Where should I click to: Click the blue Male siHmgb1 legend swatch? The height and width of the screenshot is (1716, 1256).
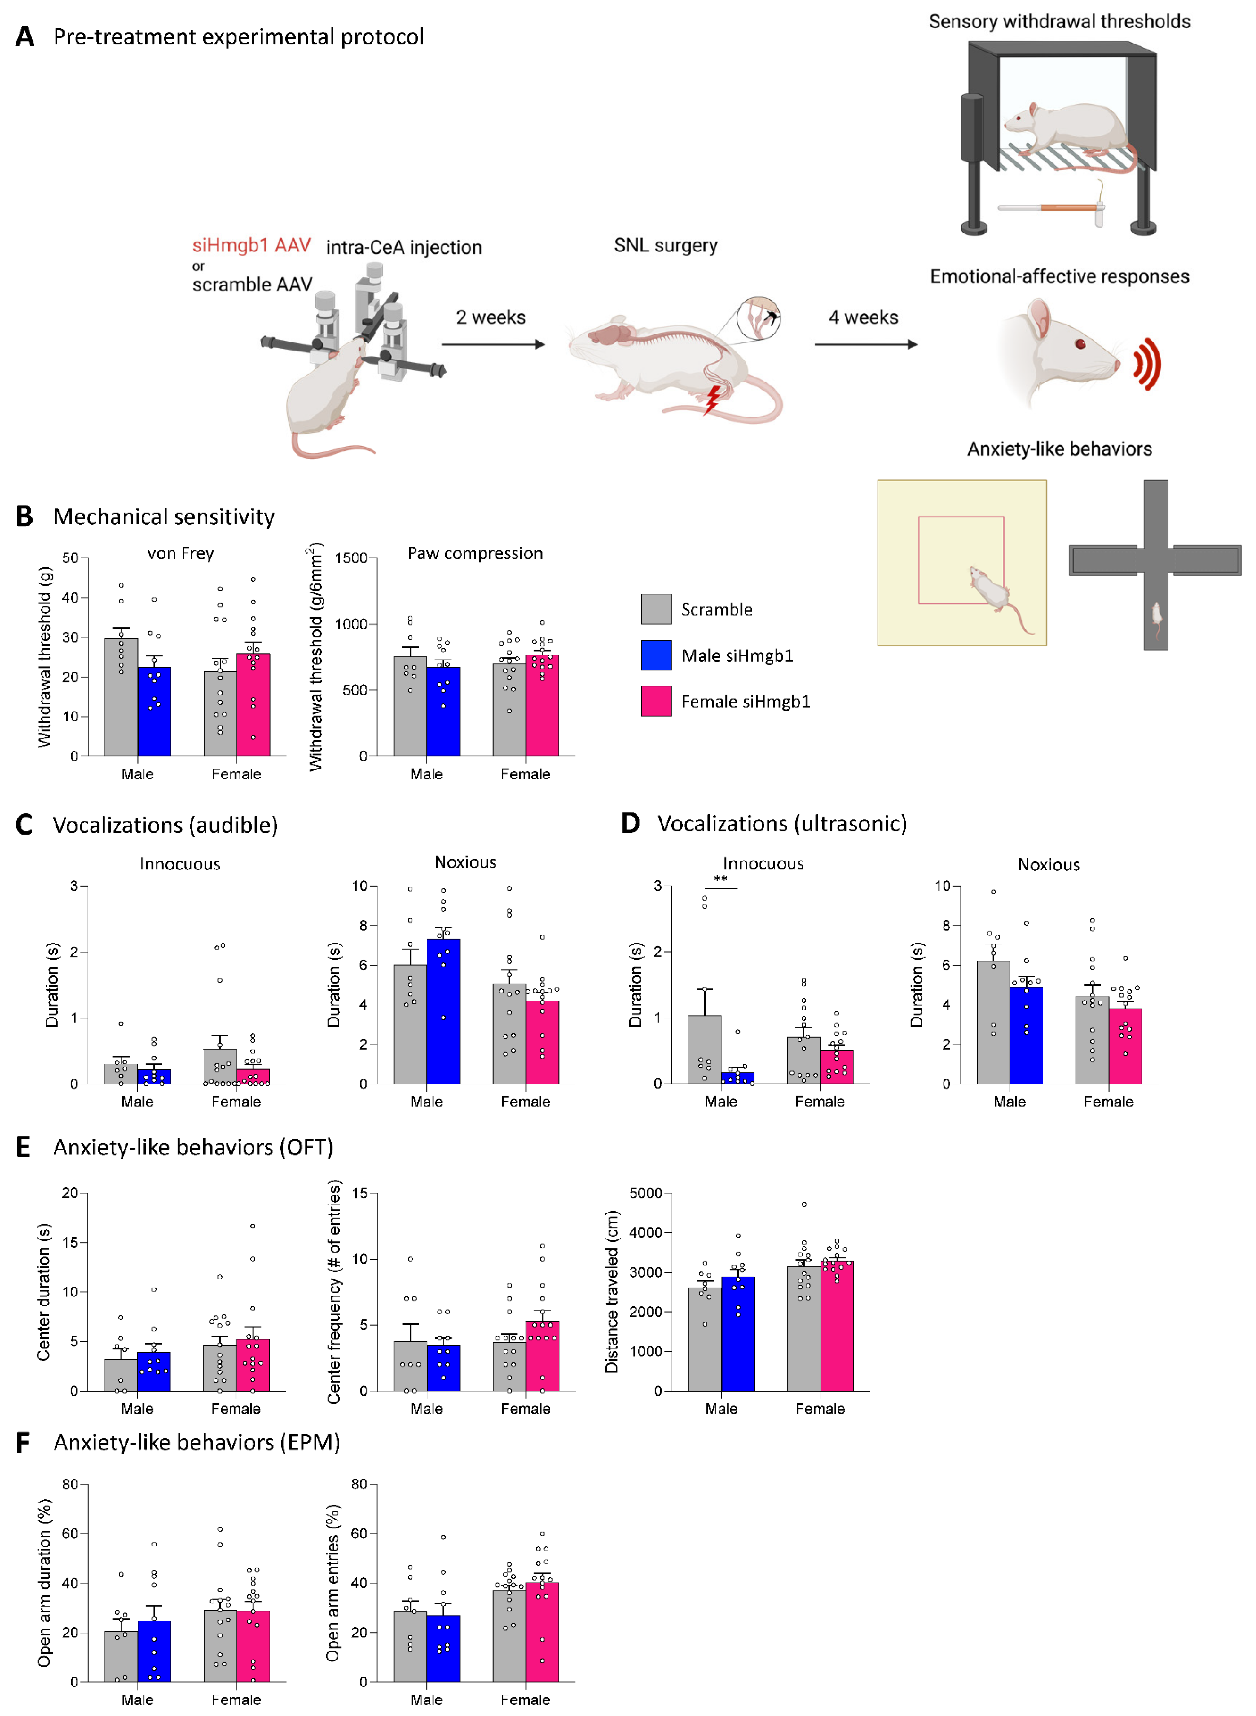pyautogui.click(x=656, y=655)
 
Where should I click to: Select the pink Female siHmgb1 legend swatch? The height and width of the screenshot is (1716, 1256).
pyautogui.click(x=656, y=701)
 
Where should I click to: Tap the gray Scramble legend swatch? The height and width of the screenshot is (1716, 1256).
pyautogui.click(x=656, y=609)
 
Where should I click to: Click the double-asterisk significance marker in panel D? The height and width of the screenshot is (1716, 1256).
pyautogui.click(x=720, y=879)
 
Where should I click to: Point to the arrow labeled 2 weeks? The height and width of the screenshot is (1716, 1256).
pyautogui.click(x=493, y=344)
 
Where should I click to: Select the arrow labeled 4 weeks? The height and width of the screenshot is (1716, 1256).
pyautogui.click(x=865, y=344)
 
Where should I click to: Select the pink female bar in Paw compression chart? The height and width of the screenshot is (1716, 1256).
pyautogui.click(x=542, y=705)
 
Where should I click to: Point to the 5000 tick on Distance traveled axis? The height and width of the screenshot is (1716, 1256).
pyautogui.click(x=645, y=1193)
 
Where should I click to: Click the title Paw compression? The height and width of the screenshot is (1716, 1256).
pyautogui.click(x=475, y=553)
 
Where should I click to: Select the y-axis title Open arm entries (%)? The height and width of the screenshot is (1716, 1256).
pyautogui.click(x=332, y=1583)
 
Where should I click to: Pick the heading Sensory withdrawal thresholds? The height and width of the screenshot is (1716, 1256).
pyautogui.click(x=1059, y=21)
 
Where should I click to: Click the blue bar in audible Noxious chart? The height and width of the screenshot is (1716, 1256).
pyautogui.click(x=443, y=1011)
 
